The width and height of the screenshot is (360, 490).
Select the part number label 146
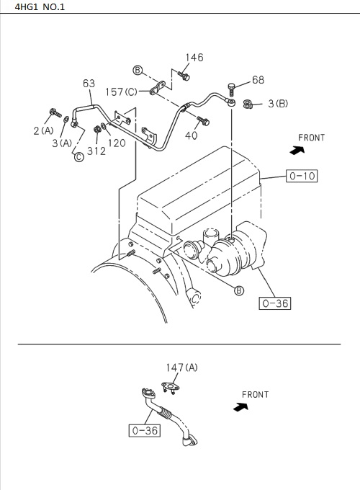tap(194, 58)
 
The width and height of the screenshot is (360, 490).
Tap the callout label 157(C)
tap(121, 92)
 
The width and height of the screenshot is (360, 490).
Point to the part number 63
tap(89, 84)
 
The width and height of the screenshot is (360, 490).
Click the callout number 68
tap(258, 80)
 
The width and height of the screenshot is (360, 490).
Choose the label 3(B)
tap(278, 104)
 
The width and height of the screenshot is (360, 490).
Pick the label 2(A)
tap(43, 130)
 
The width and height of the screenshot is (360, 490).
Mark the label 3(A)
tap(62, 143)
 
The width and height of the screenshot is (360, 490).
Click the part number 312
tap(96, 151)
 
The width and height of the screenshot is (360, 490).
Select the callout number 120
tap(117, 143)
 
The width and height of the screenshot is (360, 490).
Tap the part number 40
tap(192, 135)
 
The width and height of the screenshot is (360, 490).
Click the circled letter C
tap(78, 157)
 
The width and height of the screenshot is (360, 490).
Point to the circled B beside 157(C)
tap(138, 69)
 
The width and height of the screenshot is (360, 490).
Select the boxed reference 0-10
tap(302, 175)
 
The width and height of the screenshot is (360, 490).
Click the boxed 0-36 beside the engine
tap(274, 303)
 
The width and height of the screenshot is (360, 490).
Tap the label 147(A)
tap(181, 367)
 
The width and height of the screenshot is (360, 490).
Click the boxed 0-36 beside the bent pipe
tap(144, 430)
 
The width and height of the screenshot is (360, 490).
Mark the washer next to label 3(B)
tap(248, 104)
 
